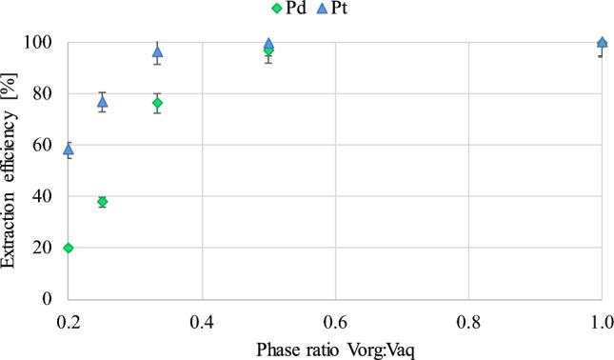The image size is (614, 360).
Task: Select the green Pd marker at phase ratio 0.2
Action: [x=68, y=248]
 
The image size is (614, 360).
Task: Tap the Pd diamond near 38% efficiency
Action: [x=102, y=202]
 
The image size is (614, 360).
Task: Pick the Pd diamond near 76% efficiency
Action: [x=158, y=103]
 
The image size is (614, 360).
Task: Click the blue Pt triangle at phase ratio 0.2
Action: [x=68, y=150]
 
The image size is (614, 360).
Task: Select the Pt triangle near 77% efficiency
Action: [x=102, y=101]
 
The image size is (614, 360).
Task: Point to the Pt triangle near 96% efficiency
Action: [x=158, y=51]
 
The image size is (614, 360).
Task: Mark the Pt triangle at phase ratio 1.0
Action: [x=602, y=43]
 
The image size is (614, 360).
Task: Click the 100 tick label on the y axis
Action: [x=37, y=43]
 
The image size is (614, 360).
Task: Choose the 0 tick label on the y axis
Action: [x=45, y=299]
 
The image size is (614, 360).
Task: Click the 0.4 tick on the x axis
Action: [x=201, y=317]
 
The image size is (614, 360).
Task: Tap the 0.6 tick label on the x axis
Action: [x=334, y=317]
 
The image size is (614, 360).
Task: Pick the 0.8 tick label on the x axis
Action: [x=467, y=317]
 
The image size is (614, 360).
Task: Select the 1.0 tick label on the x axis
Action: [x=601, y=317]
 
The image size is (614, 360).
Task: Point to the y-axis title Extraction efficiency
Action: [x=11, y=171]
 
